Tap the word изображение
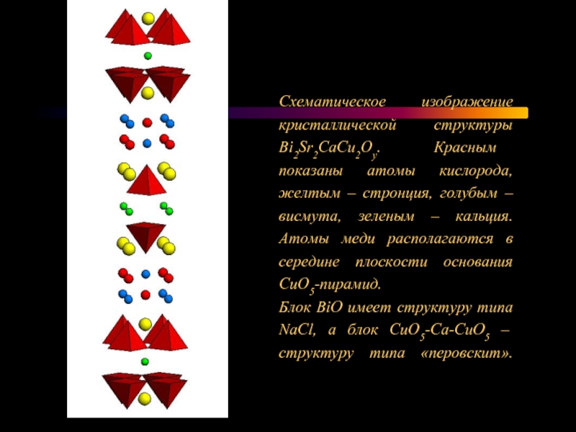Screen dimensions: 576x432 [x=467, y=103]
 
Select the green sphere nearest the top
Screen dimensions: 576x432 [x=148, y=55]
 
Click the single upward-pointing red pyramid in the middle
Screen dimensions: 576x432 [x=147, y=180]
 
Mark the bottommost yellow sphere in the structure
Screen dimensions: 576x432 [x=145, y=398]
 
